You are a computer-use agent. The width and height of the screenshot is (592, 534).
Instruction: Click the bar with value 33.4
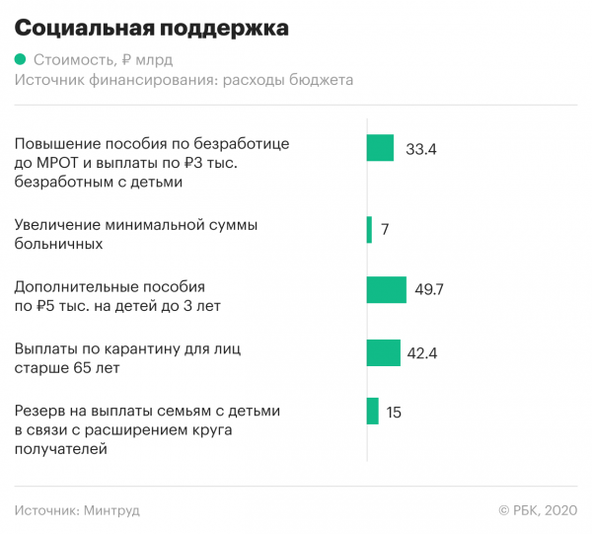(380, 148)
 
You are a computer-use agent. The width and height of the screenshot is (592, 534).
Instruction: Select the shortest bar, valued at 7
(369, 229)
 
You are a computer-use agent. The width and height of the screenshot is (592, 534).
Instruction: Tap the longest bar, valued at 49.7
(386, 289)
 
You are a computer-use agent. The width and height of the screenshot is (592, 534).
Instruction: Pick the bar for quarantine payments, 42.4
(383, 351)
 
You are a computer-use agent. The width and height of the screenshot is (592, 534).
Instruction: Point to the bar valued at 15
(372, 412)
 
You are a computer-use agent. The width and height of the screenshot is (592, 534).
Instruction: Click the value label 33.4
(421, 150)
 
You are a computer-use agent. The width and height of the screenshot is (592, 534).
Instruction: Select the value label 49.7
(429, 290)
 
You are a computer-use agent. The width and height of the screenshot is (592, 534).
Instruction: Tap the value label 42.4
(422, 352)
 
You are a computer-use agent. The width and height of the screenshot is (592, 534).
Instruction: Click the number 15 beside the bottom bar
(394, 413)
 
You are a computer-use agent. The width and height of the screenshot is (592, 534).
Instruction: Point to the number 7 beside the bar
(385, 230)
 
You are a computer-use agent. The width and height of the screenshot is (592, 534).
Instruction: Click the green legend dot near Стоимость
(21, 60)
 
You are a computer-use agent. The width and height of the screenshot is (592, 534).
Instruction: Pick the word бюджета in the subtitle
(320, 80)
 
